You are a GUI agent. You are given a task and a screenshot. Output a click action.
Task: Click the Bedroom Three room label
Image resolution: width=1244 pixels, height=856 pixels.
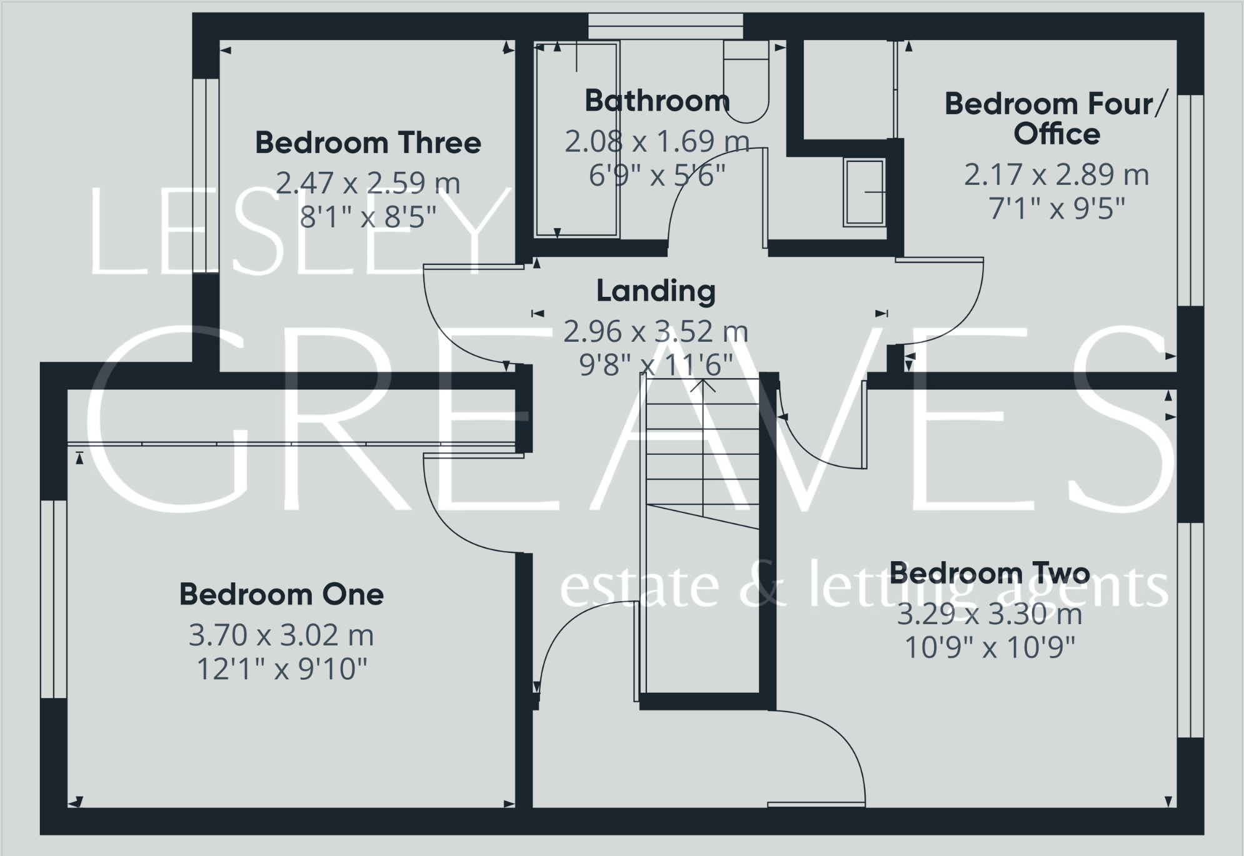click(x=368, y=143)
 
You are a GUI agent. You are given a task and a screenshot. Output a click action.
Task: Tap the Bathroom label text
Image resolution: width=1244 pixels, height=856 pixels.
click(x=656, y=101)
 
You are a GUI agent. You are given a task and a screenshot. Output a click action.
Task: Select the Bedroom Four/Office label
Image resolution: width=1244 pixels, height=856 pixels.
click(x=1056, y=119)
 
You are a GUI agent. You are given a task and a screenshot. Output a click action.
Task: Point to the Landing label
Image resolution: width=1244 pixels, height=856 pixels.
click(x=656, y=291)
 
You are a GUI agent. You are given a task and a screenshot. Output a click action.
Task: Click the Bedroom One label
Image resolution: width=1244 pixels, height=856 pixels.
click(x=281, y=594)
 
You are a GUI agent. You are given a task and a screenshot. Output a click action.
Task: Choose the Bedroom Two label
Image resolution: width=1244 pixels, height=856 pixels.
click(x=990, y=573)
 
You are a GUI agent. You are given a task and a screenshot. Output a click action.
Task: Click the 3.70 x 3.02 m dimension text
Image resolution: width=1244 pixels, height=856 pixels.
click(x=281, y=635)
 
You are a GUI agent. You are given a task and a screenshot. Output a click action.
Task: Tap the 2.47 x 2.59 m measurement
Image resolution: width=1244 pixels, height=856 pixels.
click(x=368, y=183)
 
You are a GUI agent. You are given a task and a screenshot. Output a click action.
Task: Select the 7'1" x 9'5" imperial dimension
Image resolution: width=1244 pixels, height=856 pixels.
click(x=1056, y=209)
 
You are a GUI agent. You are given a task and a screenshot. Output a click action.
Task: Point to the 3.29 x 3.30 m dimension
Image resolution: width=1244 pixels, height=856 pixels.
click(x=990, y=614)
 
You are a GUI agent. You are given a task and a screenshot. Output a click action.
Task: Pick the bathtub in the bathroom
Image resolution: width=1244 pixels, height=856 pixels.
click(x=576, y=139)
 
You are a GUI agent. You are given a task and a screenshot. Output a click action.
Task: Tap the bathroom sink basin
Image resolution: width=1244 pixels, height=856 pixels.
click(x=864, y=192)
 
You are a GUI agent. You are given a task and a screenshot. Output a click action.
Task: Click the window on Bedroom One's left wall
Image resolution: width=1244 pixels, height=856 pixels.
click(x=54, y=599)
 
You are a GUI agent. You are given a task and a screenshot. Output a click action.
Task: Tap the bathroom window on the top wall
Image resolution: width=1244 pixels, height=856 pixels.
click(x=665, y=26)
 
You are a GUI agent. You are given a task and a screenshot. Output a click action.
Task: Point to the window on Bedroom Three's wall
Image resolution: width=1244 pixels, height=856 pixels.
click(x=206, y=175)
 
